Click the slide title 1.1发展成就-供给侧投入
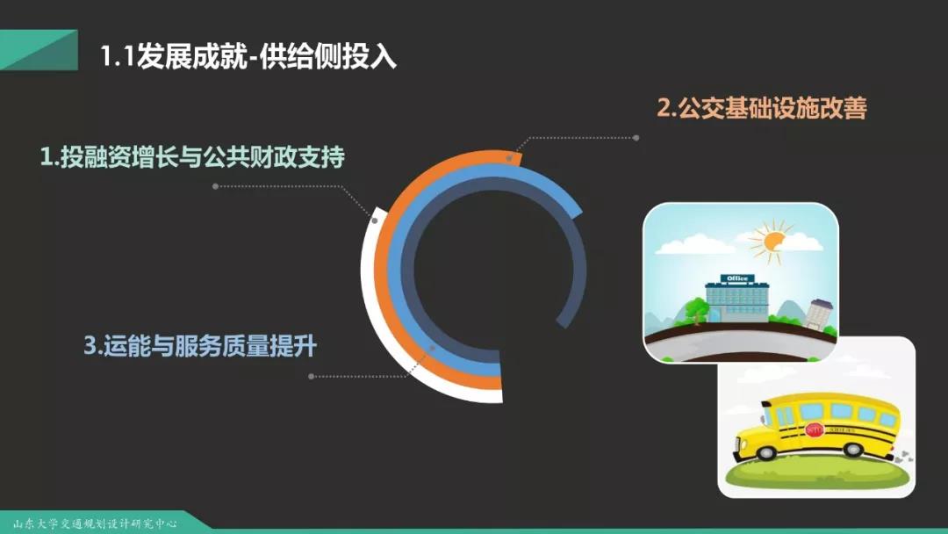point(248,57)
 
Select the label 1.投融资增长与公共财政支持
point(192,157)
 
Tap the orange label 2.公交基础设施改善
point(762,108)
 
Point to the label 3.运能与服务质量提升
point(200,346)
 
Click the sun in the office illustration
point(772,242)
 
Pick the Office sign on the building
point(737,278)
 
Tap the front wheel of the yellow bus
point(765,451)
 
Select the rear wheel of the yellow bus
point(853,449)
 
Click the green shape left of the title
point(39,50)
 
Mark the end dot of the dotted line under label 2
point(636,138)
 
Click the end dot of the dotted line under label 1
point(215,186)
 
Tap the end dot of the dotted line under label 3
point(311,376)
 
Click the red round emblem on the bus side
point(815,430)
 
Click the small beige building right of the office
point(821,314)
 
